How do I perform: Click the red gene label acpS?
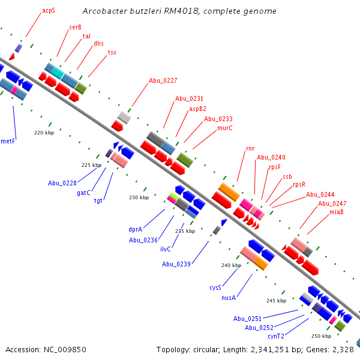48,11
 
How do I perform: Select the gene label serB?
76,27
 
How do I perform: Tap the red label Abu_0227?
163,80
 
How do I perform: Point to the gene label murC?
225,128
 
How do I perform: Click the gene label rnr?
250,148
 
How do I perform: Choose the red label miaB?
337,212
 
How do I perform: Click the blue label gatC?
83,193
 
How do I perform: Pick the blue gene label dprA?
135,229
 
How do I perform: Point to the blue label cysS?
215,287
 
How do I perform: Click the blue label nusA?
229,298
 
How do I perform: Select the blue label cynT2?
276,336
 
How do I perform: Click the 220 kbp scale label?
44,132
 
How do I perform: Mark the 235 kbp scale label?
185,231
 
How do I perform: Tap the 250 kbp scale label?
321,336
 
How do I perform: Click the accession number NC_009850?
63,349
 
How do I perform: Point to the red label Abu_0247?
332,203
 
